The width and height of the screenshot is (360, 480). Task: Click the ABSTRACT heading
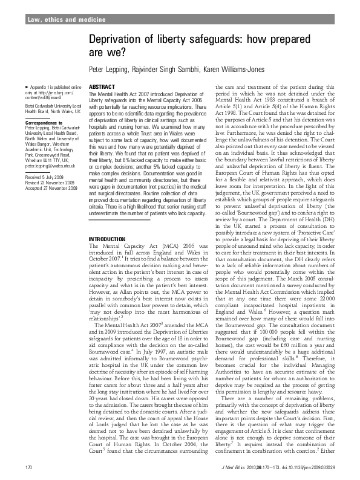click(98, 88)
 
